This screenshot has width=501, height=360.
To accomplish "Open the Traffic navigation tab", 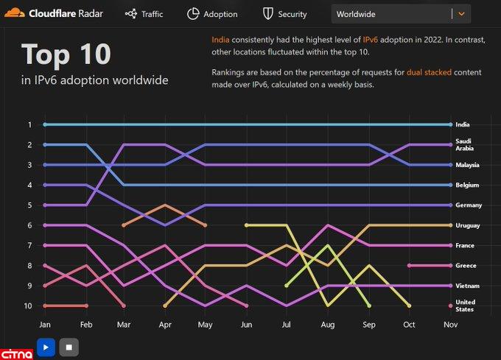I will point(144,14).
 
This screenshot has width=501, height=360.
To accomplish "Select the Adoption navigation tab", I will point(212,14).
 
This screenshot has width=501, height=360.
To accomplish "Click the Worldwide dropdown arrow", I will point(461,13).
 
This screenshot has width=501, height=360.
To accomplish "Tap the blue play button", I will point(46,347).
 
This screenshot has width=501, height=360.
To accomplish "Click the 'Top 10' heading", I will point(66,54).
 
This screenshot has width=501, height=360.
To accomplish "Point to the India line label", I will point(462,125).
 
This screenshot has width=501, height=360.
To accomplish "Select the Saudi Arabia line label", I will point(464,144).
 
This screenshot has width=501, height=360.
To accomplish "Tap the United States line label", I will point(465,306).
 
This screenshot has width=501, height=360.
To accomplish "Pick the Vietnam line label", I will point(467,286).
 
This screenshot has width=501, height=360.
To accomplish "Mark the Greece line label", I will point(466,266).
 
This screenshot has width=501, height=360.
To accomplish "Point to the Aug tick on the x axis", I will point(328,324).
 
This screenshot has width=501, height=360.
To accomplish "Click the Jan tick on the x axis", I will point(44,324).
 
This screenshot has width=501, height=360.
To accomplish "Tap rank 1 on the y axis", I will point(29,125).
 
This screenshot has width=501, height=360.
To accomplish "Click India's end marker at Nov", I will point(450,125).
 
